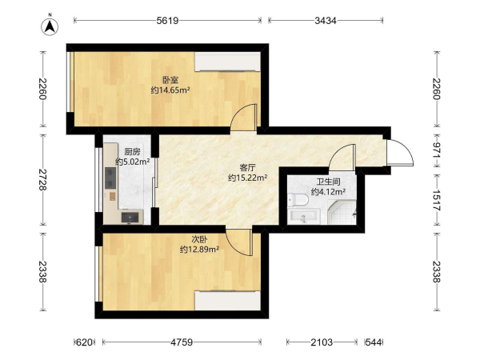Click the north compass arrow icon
pyautogui.click(x=50, y=26)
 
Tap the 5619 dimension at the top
pyautogui.click(x=167, y=21)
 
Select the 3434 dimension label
pyautogui.click(x=326, y=21)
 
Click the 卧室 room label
pyautogui.click(x=170, y=81)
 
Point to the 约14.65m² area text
pyautogui.click(x=170, y=90)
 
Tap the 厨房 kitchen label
pyautogui.click(x=133, y=151)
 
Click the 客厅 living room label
pyautogui.click(x=248, y=168)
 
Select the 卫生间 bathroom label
pyautogui.click(x=328, y=182)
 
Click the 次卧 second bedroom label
pyautogui.click(x=200, y=239)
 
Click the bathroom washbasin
pyautogui.click(x=304, y=217)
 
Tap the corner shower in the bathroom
pyautogui.click(x=342, y=212)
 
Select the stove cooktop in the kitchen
pyautogui.click(x=110, y=178)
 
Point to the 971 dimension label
pyautogui.click(x=436, y=150)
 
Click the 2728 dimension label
pyautogui.click(x=42, y=180)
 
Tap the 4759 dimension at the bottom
pyautogui.click(x=182, y=342)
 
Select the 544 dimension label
pyautogui.click(x=374, y=342)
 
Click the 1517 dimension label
pyautogui.click(x=436, y=201)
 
